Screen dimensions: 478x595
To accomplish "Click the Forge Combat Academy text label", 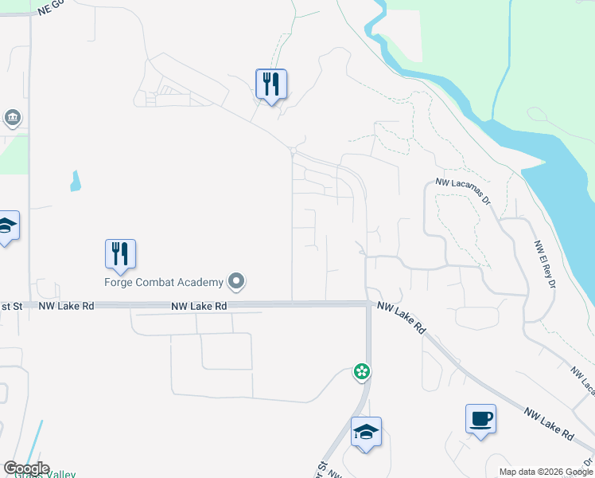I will click(164, 281).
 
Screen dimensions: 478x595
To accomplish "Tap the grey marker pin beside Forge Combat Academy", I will click(236, 281).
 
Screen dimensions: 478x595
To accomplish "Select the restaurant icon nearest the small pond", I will click(120, 254).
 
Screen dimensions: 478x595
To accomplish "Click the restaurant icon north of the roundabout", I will click(271, 84).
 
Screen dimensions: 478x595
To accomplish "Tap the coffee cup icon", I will click(480, 419).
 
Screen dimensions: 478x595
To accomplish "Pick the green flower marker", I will click(362, 371).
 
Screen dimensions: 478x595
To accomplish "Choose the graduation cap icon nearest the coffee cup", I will click(366, 432).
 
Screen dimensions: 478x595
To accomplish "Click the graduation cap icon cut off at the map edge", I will click(6, 226).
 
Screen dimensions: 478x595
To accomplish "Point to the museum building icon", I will click(12, 119).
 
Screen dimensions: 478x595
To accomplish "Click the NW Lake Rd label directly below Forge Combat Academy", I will click(199, 306).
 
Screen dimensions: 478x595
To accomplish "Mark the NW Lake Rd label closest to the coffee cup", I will click(548, 424).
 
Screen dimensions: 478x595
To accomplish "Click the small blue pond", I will click(75, 182).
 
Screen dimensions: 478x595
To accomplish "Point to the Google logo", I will click(26, 468).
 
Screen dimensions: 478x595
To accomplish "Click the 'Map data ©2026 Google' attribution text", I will click(546, 472).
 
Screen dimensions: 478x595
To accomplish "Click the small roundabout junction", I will click(294, 151).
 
